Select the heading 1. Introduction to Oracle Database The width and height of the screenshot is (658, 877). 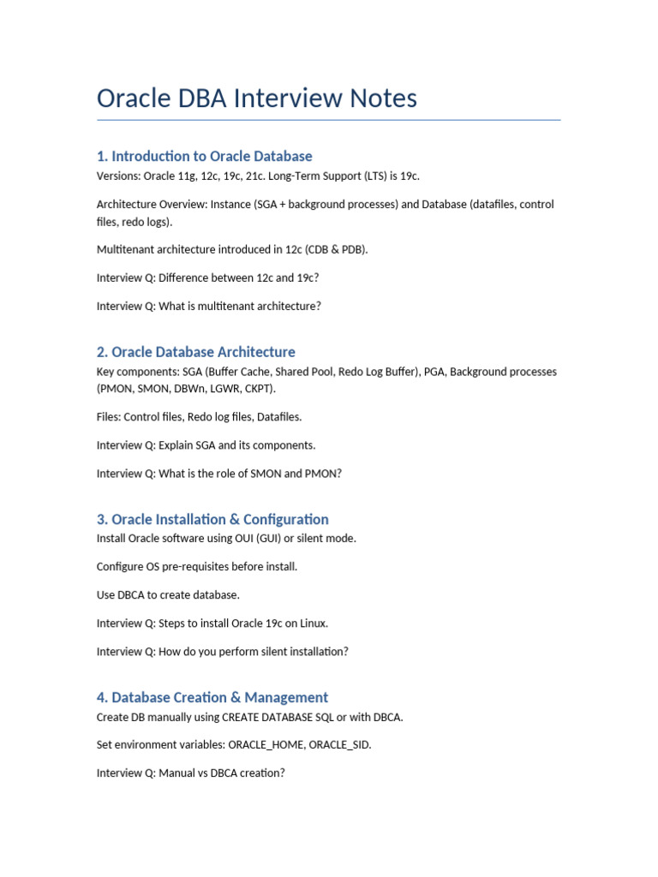[x=204, y=156]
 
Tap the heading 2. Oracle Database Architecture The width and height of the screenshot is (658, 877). [x=195, y=352]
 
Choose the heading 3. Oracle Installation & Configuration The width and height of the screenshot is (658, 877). [x=212, y=519]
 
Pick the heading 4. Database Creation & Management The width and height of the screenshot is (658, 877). [x=212, y=697]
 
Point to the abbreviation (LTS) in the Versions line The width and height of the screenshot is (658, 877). [x=378, y=176]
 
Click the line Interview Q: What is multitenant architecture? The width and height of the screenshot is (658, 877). [x=208, y=306]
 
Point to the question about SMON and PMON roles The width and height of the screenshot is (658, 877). [x=218, y=473]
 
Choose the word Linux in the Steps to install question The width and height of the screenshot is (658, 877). [x=312, y=623]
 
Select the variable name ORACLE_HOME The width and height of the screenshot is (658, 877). [x=266, y=744]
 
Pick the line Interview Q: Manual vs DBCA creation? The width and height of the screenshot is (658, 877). [x=190, y=773]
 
